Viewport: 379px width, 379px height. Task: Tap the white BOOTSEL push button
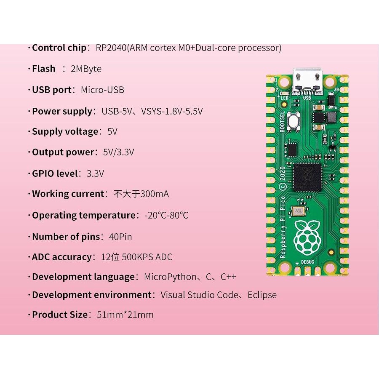pyautogui.click(x=293, y=120)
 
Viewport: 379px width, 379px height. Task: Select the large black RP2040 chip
pyautogui.click(x=307, y=176)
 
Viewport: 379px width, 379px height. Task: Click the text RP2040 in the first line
pyautogui.click(x=111, y=48)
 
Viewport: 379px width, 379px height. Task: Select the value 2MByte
pyautogui.click(x=86, y=69)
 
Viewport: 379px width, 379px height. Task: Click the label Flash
pyautogui.click(x=44, y=69)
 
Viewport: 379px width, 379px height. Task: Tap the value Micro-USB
pyautogui.click(x=102, y=90)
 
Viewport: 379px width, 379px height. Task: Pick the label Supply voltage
pyautogui.click(x=65, y=131)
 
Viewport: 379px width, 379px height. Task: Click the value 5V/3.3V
pyautogui.click(x=118, y=152)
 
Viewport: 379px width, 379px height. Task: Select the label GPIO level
pyautogui.click(x=55, y=173)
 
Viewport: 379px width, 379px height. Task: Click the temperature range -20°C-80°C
pyautogui.click(x=166, y=215)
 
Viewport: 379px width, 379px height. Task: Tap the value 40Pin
pyautogui.click(x=120, y=237)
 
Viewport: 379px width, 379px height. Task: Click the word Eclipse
pyautogui.click(x=262, y=295)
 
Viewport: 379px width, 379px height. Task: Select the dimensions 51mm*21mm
pyautogui.click(x=125, y=315)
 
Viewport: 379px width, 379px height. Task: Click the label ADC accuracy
pyautogui.click(x=61, y=257)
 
